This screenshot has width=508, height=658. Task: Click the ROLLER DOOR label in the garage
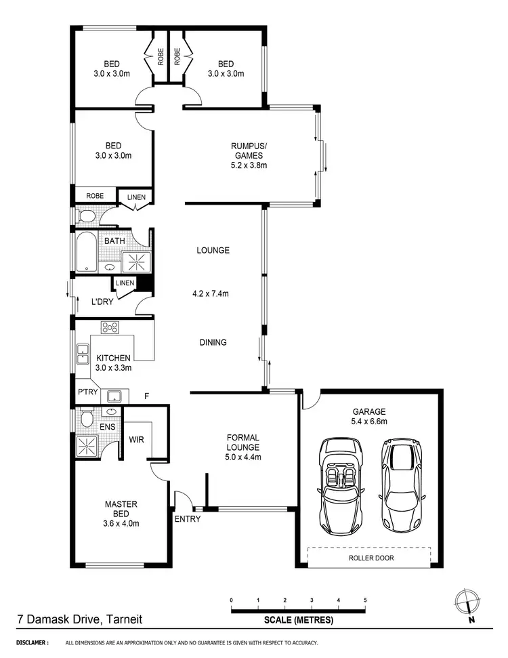pos(371,558)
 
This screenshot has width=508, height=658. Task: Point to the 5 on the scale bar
pos(365,600)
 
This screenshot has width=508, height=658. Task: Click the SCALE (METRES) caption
pos(299,619)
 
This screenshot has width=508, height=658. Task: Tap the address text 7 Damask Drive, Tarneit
pos(79,619)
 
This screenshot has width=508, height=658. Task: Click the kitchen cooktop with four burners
pos(110,328)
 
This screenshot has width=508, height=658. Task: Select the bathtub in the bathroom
pos(87,252)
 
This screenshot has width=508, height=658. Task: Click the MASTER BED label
pos(121,508)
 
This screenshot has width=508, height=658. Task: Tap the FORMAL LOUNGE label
pos(243,447)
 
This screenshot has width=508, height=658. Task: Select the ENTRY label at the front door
pos(186,519)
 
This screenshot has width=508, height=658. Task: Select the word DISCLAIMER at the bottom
pos(31,642)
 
